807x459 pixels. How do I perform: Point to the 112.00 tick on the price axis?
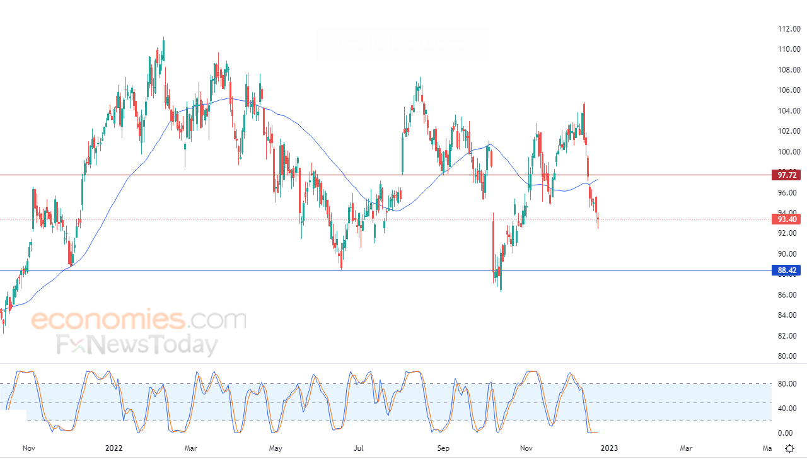(789, 29)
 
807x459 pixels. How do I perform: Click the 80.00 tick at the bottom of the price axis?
(789, 356)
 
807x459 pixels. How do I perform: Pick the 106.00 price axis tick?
(789, 90)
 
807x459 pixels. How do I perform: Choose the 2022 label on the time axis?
(113, 448)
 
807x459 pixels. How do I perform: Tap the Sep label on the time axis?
(444, 448)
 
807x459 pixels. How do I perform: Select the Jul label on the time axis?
(359, 448)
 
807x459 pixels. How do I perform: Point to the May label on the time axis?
(276, 448)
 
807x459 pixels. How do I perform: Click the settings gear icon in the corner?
(789, 448)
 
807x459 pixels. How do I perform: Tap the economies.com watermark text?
(139, 320)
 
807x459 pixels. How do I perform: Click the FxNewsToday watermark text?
(137, 345)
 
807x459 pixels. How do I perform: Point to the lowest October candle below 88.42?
(501, 289)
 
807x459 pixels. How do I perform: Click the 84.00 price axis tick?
(789, 315)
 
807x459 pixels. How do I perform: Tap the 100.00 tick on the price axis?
(789, 152)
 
